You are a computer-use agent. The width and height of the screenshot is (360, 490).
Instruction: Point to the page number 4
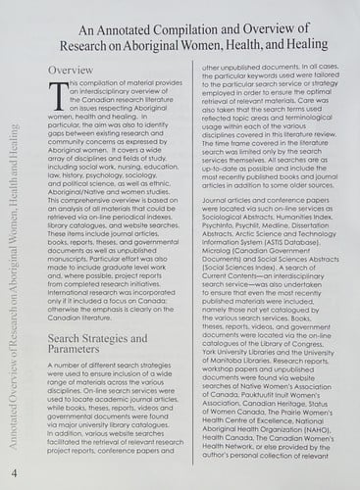pyautogui.click(x=13, y=473)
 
